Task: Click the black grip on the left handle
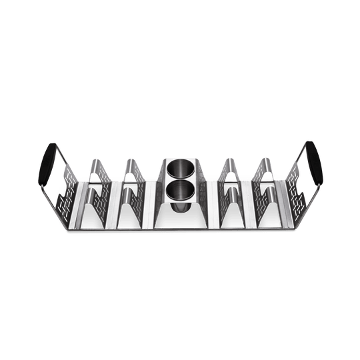(45, 161)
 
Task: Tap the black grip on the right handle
(315, 162)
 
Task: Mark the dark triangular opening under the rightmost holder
(268, 212)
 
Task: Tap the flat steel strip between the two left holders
(113, 203)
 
